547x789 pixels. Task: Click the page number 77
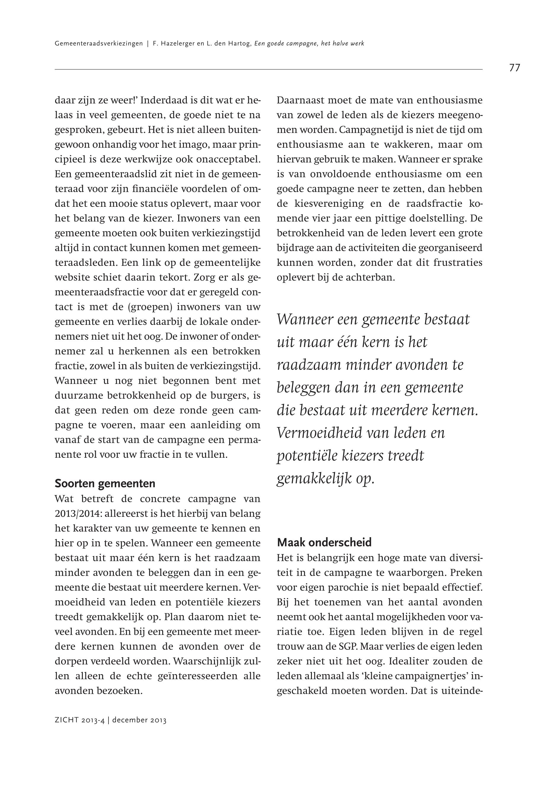[x=514, y=68]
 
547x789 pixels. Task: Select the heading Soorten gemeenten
[x=105, y=483]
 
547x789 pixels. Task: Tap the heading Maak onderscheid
[x=324, y=543]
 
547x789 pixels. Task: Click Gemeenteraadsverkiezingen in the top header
[x=99, y=44]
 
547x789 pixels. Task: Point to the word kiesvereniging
[x=328, y=204]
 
